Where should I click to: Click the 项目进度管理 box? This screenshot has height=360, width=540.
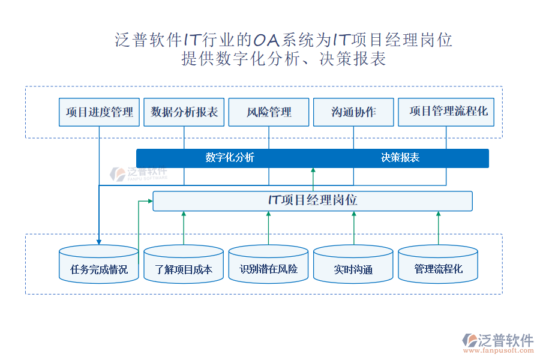[x=99, y=112]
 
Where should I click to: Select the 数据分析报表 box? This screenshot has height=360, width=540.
[x=184, y=112]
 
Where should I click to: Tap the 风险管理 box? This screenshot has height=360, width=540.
[x=269, y=112]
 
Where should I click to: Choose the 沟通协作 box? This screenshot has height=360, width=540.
[x=353, y=112]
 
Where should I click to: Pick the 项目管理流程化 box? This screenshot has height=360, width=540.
[x=446, y=112]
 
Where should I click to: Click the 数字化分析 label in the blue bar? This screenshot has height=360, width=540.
[x=230, y=158]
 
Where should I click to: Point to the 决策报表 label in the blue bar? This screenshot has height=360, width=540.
[x=400, y=158]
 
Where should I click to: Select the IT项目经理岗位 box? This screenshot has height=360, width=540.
[x=313, y=200]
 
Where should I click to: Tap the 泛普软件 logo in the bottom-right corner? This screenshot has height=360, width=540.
[x=498, y=340]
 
